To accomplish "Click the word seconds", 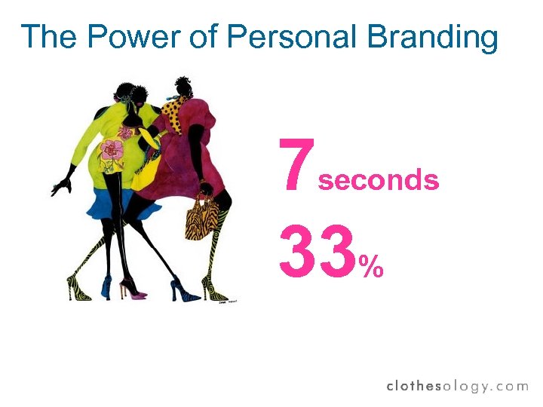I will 379,180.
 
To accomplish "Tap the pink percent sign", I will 370,265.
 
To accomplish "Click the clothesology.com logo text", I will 457,386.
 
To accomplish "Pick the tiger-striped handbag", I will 201,219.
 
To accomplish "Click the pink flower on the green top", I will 112,150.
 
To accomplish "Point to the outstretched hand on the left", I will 61,183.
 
